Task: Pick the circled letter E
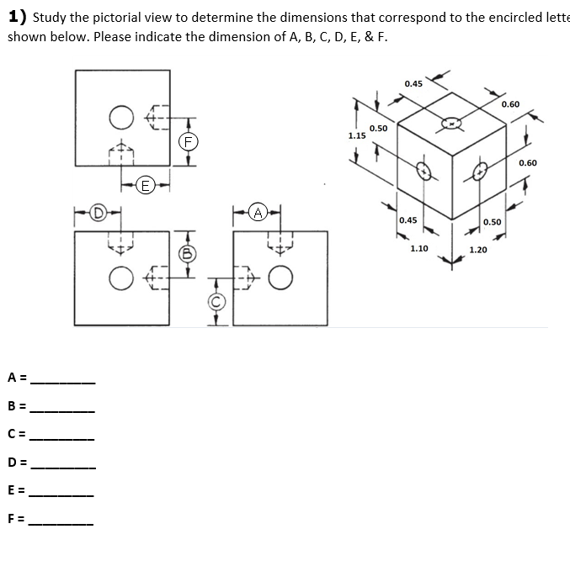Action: click(x=146, y=183)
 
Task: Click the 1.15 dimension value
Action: click(x=356, y=135)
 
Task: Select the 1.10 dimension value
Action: click(x=419, y=249)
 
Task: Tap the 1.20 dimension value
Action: click(x=478, y=250)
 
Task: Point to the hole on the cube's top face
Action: click(x=451, y=123)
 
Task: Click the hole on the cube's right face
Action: click(x=482, y=172)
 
